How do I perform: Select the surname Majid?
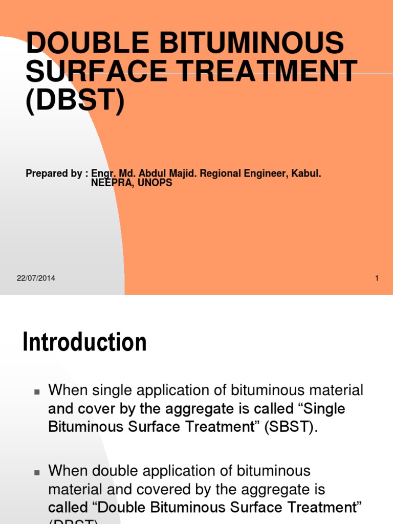(182, 173)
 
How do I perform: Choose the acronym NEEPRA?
(111, 183)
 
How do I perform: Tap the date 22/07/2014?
(36, 278)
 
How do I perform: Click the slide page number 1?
(377, 278)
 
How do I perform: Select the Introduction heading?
(84, 342)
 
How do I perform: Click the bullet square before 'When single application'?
(37, 392)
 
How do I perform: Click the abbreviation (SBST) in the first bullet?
(291, 427)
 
